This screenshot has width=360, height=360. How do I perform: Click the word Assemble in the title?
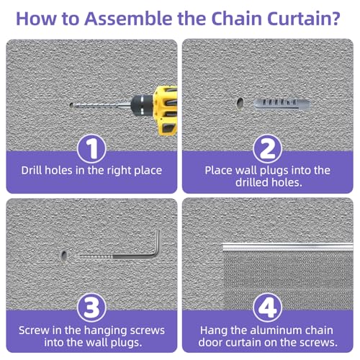coord(128,18)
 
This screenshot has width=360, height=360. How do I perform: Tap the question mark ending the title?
coord(336,18)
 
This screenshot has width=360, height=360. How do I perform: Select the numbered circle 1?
coord(91,149)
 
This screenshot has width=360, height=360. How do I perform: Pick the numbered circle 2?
coord(267,149)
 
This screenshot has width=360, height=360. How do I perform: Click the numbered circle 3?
coord(91,307)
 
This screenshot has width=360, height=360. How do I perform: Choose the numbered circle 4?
coord(267,307)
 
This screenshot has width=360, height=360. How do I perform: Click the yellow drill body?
coord(166,110)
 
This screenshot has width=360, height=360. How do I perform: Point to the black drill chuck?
coord(143,104)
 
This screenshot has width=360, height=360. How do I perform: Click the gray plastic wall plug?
coord(282,104)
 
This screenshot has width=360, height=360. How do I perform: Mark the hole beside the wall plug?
coord(240,104)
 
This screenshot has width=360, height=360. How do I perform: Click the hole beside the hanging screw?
coord(64,256)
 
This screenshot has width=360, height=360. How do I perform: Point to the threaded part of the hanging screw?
coord(96,257)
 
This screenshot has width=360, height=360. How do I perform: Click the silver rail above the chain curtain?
coord(288,247)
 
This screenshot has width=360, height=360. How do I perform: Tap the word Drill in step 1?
coord(32,171)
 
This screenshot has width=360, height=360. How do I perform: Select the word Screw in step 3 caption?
coord(34,330)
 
